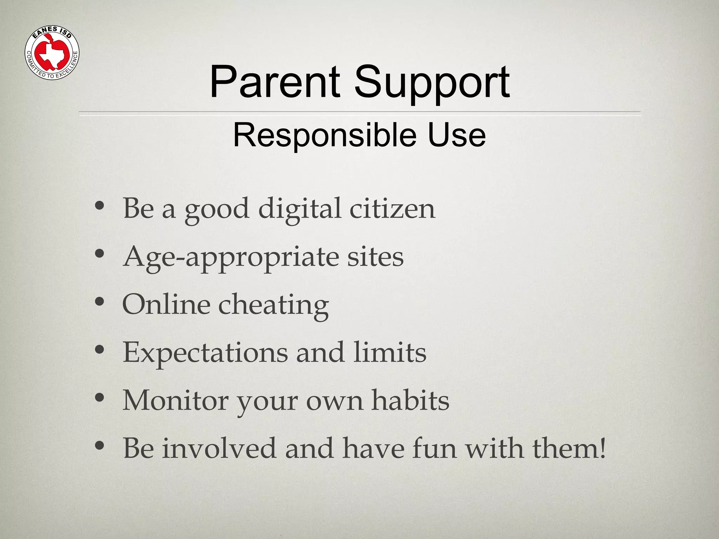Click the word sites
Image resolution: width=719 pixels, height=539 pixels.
click(x=375, y=257)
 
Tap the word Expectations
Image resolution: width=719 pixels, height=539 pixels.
click(x=205, y=353)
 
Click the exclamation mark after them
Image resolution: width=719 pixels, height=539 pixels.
click(x=603, y=448)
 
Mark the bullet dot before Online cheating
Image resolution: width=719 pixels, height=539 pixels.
click(x=100, y=301)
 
